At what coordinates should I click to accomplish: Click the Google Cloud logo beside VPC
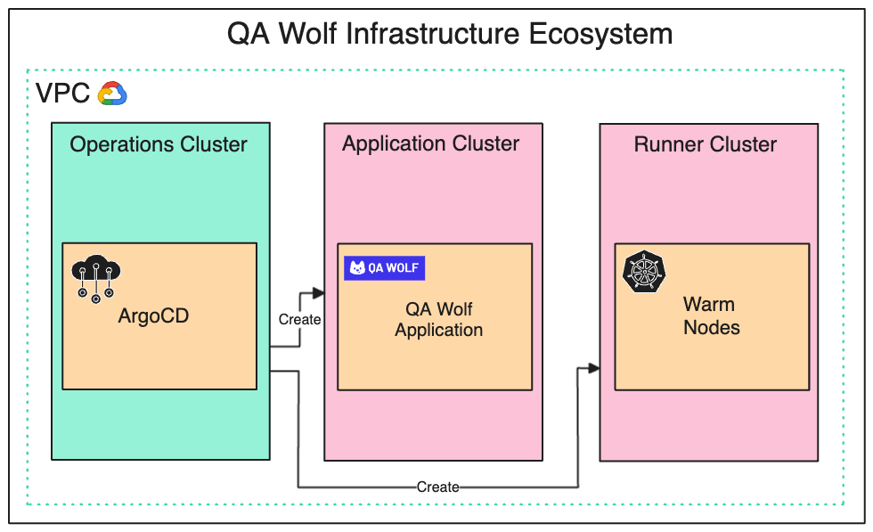(112, 93)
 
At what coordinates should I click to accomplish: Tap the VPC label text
(62, 93)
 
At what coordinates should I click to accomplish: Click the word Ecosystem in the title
(600, 34)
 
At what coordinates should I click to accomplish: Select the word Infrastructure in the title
(433, 34)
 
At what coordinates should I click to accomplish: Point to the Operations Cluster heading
(159, 144)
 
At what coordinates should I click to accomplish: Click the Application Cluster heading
(430, 143)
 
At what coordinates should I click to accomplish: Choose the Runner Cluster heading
(706, 144)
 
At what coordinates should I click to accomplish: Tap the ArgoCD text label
(153, 315)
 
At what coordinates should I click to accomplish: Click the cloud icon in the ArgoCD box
(96, 279)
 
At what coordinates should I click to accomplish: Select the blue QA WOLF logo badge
(384, 268)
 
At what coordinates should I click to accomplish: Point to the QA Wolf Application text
(438, 319)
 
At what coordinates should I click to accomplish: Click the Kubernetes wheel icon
(644, 271)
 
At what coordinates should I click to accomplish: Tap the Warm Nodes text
(712, 315)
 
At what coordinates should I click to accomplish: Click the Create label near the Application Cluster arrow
(299, 319)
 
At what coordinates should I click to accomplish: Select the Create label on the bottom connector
(438, 487)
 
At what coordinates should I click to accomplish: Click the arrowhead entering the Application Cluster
(319, 293)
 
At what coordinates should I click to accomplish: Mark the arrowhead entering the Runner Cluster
(594, 368)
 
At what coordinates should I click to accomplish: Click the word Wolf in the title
(307, 34)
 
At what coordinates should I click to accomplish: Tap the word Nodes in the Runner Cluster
(712, 328)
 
